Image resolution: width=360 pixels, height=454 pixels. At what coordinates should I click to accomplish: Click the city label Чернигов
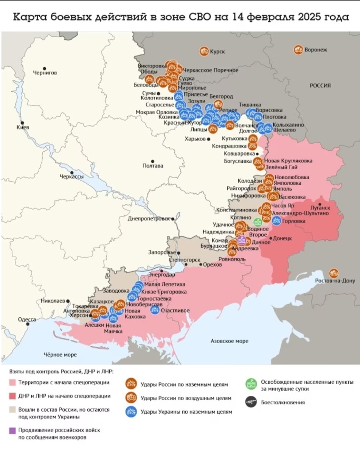pyautogui.click(x=45, y=73)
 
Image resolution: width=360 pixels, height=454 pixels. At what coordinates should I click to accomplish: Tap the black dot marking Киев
pyautogui.click(x=23, y=123)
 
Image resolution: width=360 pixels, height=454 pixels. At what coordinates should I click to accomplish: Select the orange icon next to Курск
pyautogui.click(x=204, y=51)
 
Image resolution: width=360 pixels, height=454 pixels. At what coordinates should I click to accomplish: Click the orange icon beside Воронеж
pyautogui.click(x=298, y=50)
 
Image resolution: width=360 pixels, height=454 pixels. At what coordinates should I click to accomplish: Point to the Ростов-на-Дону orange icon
pyautogui.click(x=334, y=273)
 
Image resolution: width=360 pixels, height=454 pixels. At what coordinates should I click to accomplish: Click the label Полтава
pyautogui.click(x=153, y=166)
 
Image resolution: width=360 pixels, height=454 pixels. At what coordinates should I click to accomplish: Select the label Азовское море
pyautogui.click(x=229, y=341)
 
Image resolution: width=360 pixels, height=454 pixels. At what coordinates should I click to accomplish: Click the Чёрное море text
pyautogui.click(x=60, y=354)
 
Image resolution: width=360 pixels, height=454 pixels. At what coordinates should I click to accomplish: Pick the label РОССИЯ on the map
pyautogui.click(x=320, y=86)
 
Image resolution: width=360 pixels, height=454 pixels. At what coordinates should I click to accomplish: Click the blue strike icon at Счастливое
pyautogui.click(x=155, y=310)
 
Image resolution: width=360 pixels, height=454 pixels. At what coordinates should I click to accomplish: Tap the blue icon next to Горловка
pyautogui.click(x=276, y=221)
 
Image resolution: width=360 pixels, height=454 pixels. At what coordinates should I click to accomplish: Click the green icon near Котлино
pyautogui.click(x=258, y=222)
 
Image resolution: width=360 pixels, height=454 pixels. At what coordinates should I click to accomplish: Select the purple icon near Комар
pyautogui.click(x=241, y=240)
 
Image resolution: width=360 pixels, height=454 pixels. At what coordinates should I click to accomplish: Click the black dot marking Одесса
pyautogui.click(x=28, y=325)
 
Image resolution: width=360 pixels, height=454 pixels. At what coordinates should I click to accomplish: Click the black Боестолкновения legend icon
pyautogui.click(x=250, y=402)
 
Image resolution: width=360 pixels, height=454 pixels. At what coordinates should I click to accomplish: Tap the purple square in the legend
pyautogui.click(x=12, y=430)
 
